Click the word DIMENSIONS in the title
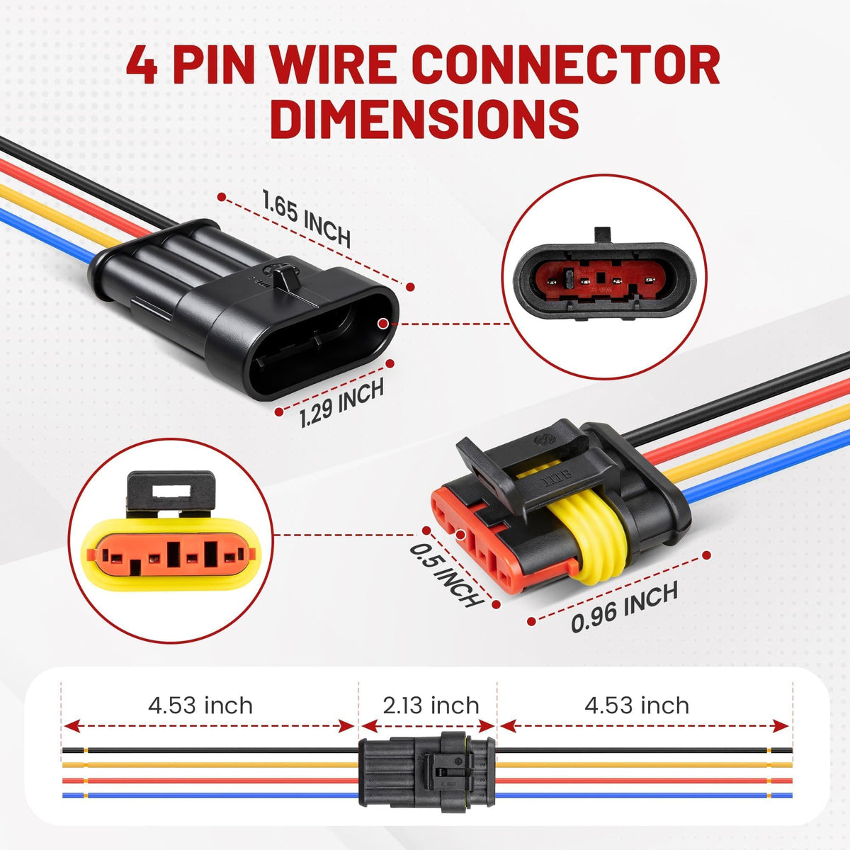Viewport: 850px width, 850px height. (424, 118)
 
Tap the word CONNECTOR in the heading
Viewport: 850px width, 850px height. (567, 64)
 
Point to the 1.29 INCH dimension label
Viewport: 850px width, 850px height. (341, 403)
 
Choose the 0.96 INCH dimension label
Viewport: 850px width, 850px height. (624, 607)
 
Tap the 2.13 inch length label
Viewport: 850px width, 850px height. (431, 705)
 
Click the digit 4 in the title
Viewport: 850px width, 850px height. (142, 65)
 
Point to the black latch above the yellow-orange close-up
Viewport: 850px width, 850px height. (170, 493)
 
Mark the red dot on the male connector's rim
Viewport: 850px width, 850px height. (383, 324)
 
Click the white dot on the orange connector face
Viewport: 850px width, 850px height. (461, 535)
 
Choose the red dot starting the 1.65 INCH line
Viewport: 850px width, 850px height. (222, 197)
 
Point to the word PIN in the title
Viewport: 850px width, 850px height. (214, 65)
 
